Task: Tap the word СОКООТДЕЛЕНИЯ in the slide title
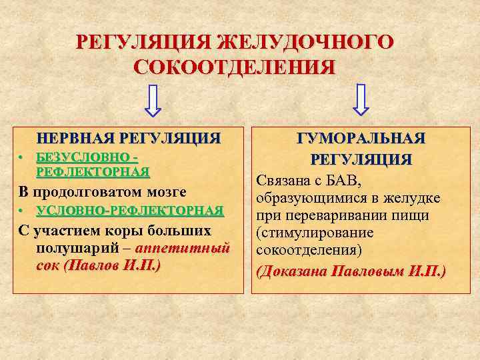235,67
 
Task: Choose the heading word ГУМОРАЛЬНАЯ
361,139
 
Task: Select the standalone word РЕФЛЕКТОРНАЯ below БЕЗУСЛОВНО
93,172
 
